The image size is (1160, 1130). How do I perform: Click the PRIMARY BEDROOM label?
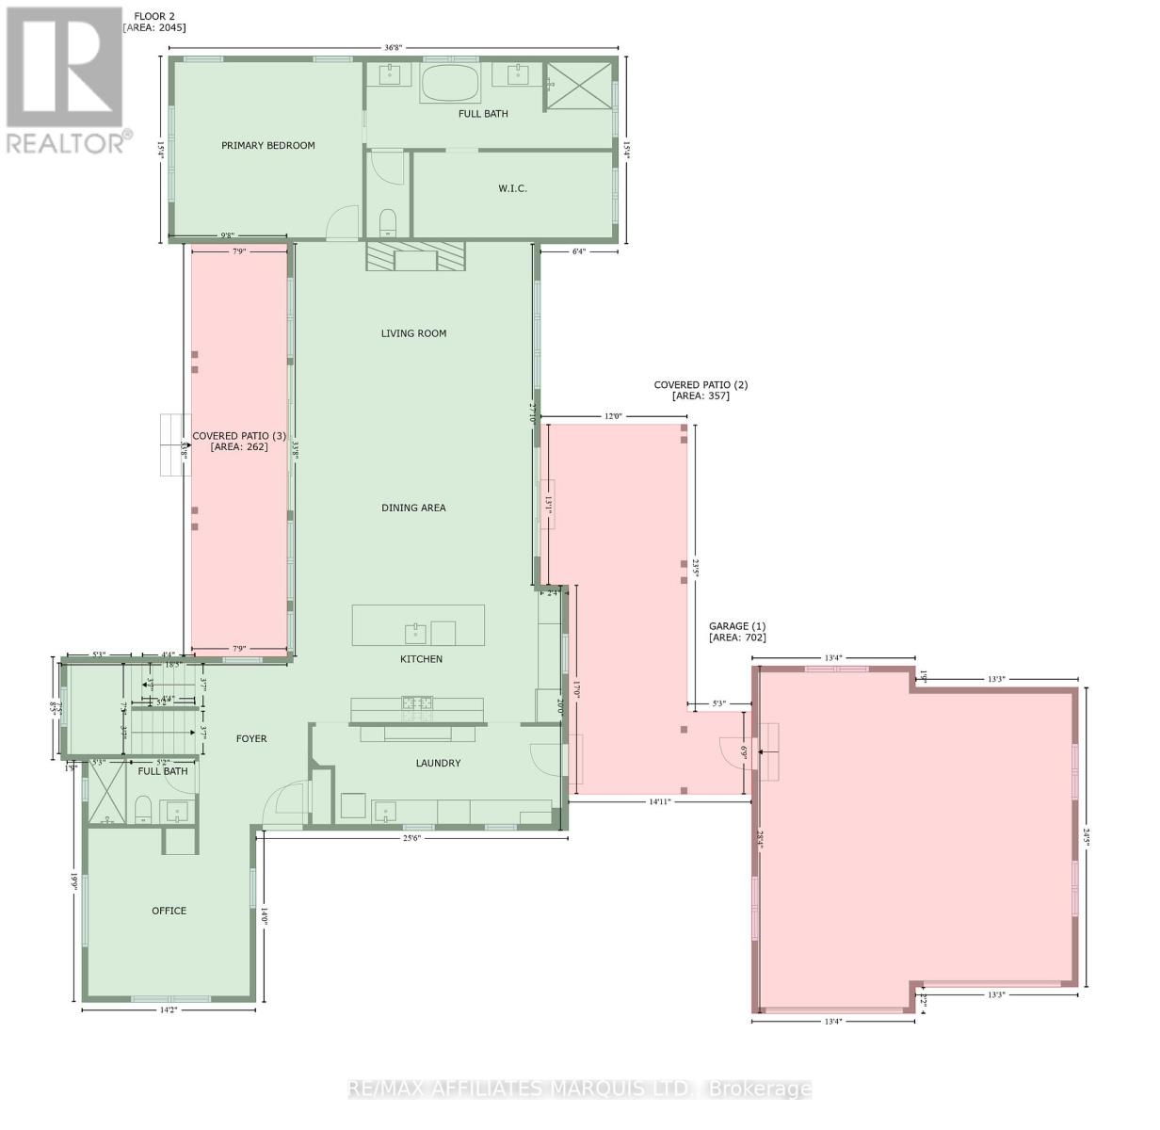tap(267, 146)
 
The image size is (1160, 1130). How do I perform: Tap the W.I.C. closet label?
tap(512, 188)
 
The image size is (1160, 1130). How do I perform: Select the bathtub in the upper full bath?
tap(450, 85)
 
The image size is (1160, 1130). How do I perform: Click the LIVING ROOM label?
tap(413, 333)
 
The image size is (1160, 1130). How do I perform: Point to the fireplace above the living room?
tap(415, 255)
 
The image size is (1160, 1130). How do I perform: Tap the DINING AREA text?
tap(413, 508)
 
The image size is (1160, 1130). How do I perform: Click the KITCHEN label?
tap(421, 659)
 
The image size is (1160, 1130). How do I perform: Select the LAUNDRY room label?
tap(438, 763)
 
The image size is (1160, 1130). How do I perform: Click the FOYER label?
tap(251, 739)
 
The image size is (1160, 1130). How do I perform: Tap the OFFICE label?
tap(169, 911)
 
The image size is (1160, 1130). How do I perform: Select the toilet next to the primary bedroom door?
tap(388, 223)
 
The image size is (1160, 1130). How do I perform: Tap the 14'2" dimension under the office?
tap(169, 1010)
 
